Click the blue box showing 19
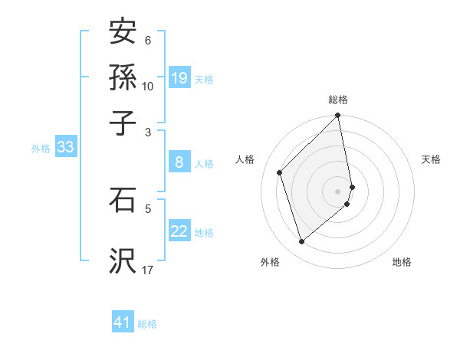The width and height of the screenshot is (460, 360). pos(179,77)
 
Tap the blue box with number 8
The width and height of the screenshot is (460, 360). pos(179,162)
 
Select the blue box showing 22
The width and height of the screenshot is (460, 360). pos(179,231)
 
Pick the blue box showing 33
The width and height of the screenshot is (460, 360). pos(64,147)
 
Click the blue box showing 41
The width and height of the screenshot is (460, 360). pos(123,322)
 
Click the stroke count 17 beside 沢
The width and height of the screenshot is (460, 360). pos(148,270)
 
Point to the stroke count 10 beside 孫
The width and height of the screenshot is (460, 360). pos(148,86)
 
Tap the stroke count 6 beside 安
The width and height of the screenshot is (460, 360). pos(148,40)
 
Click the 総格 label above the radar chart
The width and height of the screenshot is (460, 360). pos(338,100)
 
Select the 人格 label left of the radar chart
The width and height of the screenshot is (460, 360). pos(245,159)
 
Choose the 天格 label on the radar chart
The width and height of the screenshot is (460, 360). pos(432,159)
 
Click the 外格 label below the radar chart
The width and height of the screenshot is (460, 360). pos(270,262)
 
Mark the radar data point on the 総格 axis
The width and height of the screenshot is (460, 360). pos(338,116)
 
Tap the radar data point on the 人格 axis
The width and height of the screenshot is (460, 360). pos(280,172)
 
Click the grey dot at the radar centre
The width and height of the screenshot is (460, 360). pos(338,191)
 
